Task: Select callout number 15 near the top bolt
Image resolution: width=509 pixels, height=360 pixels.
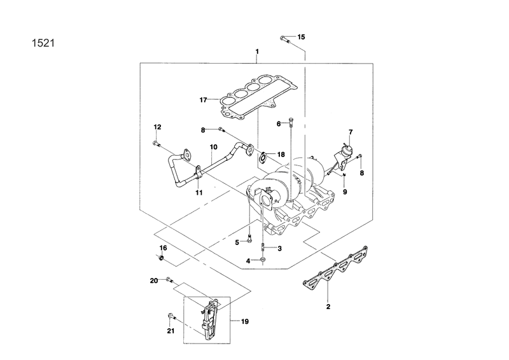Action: (301, 37)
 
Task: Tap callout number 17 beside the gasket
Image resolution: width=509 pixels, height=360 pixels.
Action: (203, 100)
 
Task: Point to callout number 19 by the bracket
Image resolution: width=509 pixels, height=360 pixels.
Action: (244, 322)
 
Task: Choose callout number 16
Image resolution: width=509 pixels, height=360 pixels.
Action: (163, 247)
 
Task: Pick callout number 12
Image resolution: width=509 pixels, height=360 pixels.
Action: (157, 127)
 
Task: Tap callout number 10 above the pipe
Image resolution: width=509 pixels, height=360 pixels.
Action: (214, 147)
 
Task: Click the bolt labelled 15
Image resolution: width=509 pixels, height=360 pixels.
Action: (284, 40)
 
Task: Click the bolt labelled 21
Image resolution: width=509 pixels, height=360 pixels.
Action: (171, 316)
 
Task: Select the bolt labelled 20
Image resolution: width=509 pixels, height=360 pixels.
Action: (169, 279)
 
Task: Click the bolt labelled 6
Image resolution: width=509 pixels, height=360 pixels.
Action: (290, 122)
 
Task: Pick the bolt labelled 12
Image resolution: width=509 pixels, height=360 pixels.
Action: (156, 144)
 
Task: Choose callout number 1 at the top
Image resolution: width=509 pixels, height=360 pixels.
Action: (256, 50)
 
